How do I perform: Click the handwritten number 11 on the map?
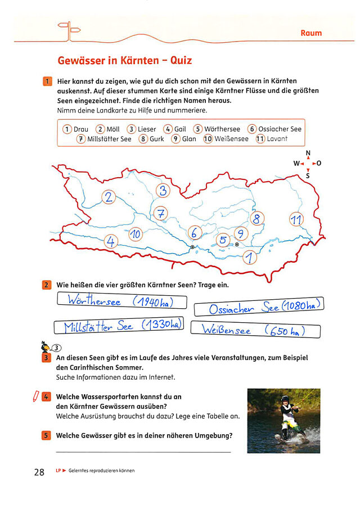click(x=296, y=220)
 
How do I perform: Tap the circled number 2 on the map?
click(x=109, y=197)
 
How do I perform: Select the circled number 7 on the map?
click(x=161, y=214)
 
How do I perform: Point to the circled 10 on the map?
click(x=136, y=234)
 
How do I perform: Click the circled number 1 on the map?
click(x=250, y=258)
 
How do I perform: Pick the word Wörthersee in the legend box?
click(x=222, y=129)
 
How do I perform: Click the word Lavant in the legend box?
click(x=277, y=139)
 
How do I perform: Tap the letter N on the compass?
click(x=308, y=153)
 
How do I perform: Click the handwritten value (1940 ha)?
click(x=152, y=302)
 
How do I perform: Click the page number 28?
click(x=39, y=472)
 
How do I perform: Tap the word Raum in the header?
click(x=311, y=33)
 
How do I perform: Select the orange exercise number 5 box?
click(x=46, y=435)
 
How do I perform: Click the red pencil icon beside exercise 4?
click(x=35, y=397)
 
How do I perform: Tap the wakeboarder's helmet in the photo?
click(x=285, y=399)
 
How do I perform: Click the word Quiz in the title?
click(x=181, y=60)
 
